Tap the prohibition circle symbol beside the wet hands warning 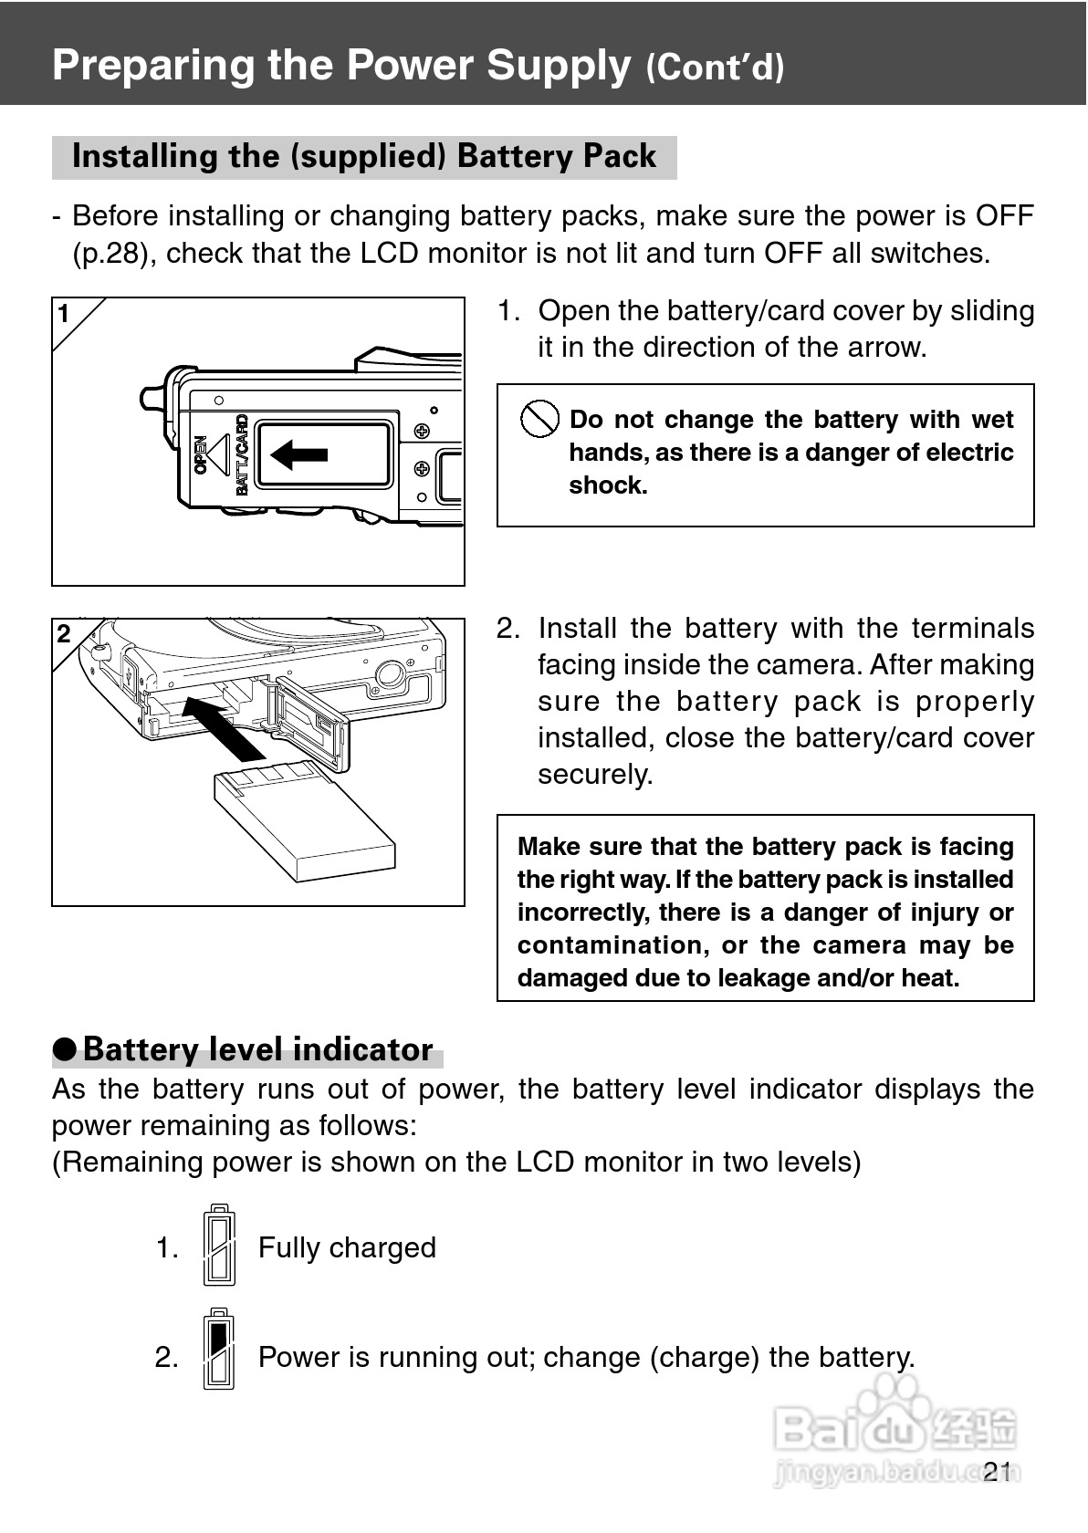(x=539, y=419)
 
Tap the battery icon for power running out (x=219, y=1349)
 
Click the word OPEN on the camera (x=201, y=454)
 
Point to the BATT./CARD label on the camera (x=241, y=454)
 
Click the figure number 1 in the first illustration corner (x=64, y=314)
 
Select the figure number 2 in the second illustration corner (x=64, y=634)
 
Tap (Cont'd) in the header (x=715, y=68)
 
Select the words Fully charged (x=347, y=1247)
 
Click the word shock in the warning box (x=608, y=485)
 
